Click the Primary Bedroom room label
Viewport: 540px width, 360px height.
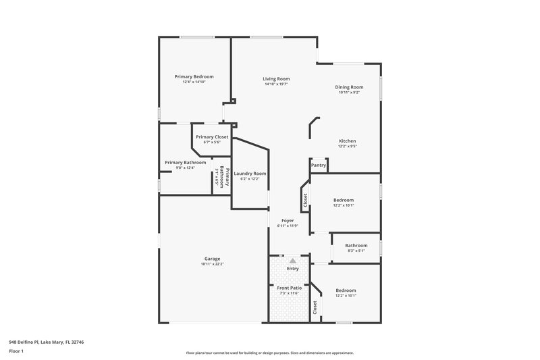(194, 77)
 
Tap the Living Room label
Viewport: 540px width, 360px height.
(276, 80)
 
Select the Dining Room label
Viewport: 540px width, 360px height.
(349, 87)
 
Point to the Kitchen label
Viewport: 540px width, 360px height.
(347, 141)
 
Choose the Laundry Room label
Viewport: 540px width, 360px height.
(250, 174)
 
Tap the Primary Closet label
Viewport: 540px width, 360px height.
(212, 137)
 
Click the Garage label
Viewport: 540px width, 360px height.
(212, 259)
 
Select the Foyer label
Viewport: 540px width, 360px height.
(288, 221)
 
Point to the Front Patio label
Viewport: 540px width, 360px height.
(290, 288)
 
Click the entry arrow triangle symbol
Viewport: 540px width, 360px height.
(292, 260)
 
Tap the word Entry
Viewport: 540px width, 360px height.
(292, 269)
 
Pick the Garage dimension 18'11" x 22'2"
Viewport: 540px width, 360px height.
(212, 264)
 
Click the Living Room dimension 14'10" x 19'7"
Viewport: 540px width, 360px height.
(276, 85)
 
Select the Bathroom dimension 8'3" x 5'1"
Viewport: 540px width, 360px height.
(356, 251)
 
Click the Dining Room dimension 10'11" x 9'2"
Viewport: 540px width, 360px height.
(349, 93)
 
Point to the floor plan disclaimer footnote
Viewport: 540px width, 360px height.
(270, 353)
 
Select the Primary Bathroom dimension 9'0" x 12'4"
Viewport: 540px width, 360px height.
(185, 168)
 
